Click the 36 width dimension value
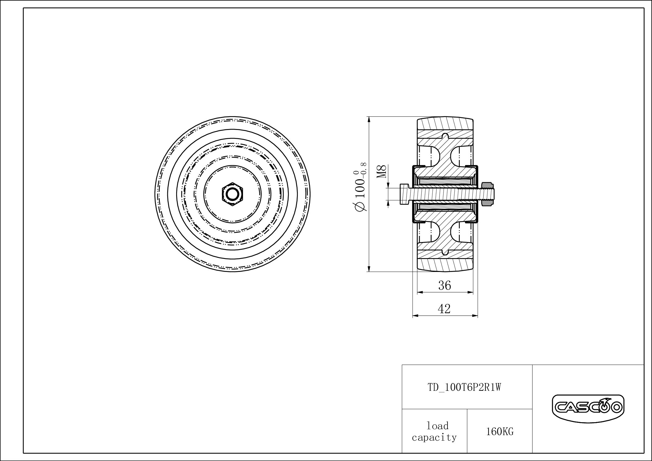click(444, 285)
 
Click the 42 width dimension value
click(444, 309)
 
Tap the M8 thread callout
click(382, 172)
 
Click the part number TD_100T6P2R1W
click(464, 387)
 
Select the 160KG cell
click(500, 432)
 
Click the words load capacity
click(434, 431)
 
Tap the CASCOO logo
click(588, 408)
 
